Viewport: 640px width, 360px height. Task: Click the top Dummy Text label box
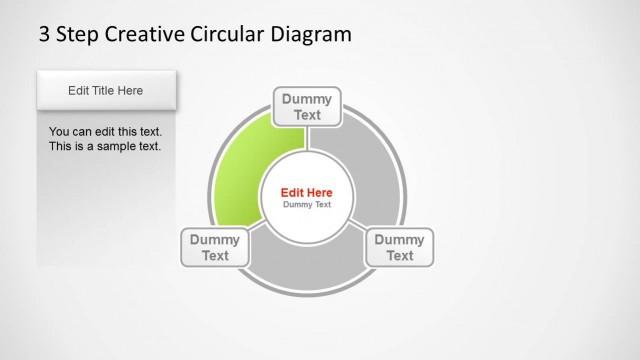tap(307, 107)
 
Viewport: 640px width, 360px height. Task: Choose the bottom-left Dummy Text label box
tap(215, 247)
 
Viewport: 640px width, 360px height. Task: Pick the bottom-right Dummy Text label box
tap(399, 247)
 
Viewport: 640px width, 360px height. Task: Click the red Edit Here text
tap(307, 192)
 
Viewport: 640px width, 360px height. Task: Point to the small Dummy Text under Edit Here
tap(307, 204)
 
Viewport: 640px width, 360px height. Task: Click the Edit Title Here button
tap(106, 90)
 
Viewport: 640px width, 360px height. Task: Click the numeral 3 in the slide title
tap(44, 34)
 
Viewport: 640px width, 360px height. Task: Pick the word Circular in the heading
tap(229, 34)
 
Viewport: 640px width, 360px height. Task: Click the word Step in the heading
tap(79, 34)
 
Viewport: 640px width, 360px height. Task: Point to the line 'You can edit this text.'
tap(105, 131)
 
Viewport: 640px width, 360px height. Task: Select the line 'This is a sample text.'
tap(105, 146)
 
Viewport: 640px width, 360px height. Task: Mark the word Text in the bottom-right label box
tap(400, 255)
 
